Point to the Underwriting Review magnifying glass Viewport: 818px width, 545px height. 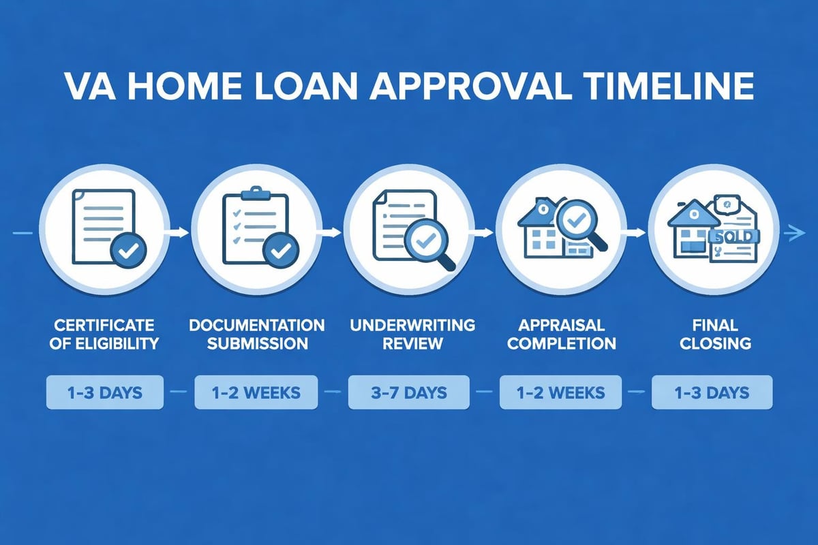[427, 244]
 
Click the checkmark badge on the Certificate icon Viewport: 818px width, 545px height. [127, 251]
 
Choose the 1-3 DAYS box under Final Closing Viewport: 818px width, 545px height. [712, 393]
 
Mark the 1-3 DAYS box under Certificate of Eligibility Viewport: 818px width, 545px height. [105, 393]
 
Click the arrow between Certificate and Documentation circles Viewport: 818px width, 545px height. [179, 233]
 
